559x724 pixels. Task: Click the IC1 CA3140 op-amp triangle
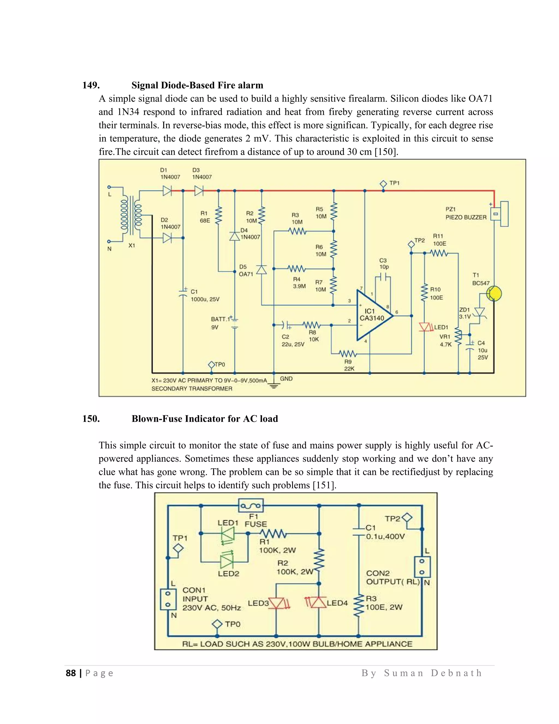(x=373, y=316)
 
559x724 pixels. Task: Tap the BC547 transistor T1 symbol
(x=494, y=294)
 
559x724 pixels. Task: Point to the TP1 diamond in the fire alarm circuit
(x=383, y=183)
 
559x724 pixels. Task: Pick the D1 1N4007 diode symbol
(x=167, y=191)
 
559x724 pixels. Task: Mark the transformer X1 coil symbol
(x=131, y=216)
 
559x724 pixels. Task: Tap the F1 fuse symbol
(x=251, y=505)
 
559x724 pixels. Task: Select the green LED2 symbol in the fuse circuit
(x=227, y=561)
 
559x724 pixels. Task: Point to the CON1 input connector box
(x=168, y=599)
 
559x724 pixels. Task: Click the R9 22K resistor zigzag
(x=348, y=354)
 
